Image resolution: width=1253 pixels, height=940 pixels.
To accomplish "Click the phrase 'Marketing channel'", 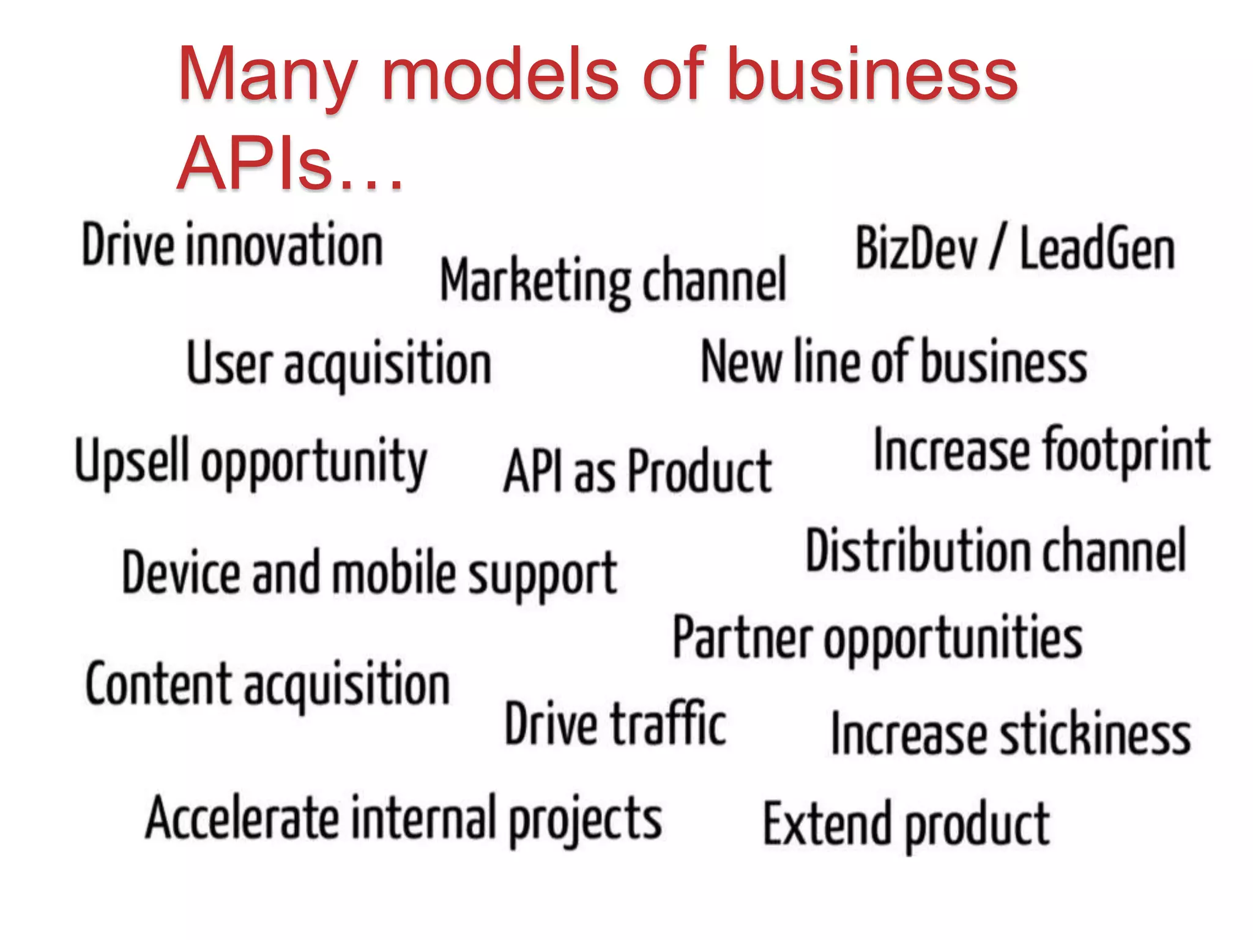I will click(613, 280).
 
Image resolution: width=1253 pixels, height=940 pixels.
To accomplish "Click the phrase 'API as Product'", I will click(638, 471).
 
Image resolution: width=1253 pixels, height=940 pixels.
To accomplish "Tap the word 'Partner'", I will click(742, 638).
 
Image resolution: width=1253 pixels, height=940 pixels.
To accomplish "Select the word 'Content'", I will click(158, 684).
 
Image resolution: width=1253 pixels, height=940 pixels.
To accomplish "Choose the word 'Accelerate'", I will click(242, 818).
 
